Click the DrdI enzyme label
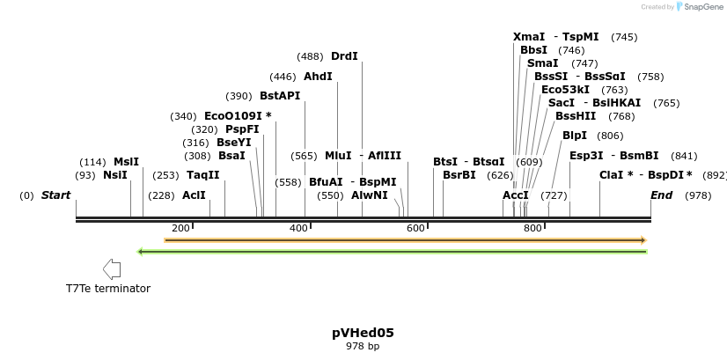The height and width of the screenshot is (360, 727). click(x=344, y=56)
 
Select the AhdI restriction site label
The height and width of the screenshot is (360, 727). click(x=318, y=77)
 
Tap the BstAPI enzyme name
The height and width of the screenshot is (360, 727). click(x=279, y=96)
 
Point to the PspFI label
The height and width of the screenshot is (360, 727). click(x=242, y=129)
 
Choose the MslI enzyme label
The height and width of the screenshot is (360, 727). click(x=126, y=162)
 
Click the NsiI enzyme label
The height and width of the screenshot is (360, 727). click(x=114, y=175)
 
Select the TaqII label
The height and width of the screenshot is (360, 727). click(x=202, y=175)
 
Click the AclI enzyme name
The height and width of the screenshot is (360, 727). click(x=194, y=195)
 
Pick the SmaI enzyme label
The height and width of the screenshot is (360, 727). click(x=542, y=63)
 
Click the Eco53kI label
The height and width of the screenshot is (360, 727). click(x=565, y=90)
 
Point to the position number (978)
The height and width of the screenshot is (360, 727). click(x=698, y=195)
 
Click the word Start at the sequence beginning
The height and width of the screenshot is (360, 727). click(x=55, y=195)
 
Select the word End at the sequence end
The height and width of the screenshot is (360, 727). click(x=661, y=195)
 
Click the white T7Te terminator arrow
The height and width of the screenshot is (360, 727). click(x=112, y=269)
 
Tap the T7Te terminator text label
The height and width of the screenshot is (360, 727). click(x=108, y=289)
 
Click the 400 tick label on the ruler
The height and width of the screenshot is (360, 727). click(x=298, y=229)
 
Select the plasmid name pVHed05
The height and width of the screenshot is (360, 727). click(x=363, y=333)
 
